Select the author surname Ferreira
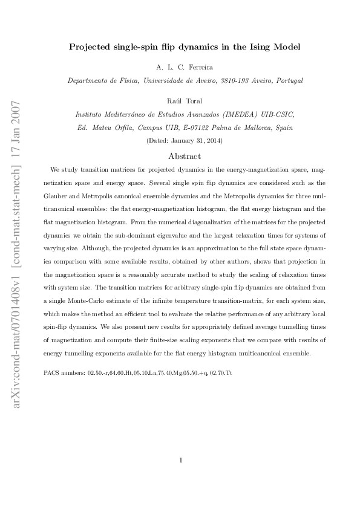[x=196, y=66]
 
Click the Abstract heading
[x=180, y=155]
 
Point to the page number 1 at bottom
[x=180, y=459]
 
